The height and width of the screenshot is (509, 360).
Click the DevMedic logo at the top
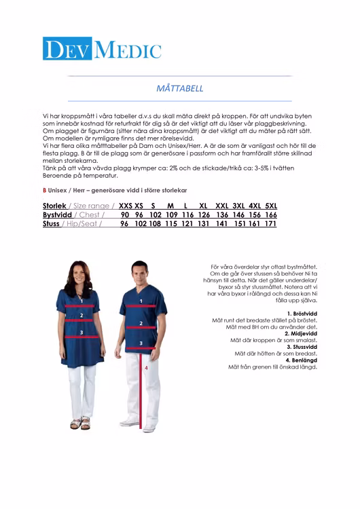point(102,49)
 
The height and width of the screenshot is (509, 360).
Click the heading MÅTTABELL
point(180,88)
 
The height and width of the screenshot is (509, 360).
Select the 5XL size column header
point(271,206)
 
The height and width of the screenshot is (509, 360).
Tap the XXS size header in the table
point(126,206)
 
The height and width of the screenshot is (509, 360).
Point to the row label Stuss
point(51,223)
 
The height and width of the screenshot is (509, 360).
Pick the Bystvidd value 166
point(271,214)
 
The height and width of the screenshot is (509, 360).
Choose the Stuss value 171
point(271,223)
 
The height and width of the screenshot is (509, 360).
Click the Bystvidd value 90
point(125,214)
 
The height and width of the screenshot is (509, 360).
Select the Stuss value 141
point(221,223)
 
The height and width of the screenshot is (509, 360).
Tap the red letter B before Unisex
point(44,191)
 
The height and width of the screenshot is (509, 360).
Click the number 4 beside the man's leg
point(146,367)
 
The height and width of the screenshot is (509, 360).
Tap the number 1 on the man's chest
point(141,301)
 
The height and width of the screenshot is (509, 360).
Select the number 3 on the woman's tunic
point(82,332)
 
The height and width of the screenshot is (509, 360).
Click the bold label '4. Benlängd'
point(301,360)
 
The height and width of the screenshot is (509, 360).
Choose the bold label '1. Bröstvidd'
point(302,313)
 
